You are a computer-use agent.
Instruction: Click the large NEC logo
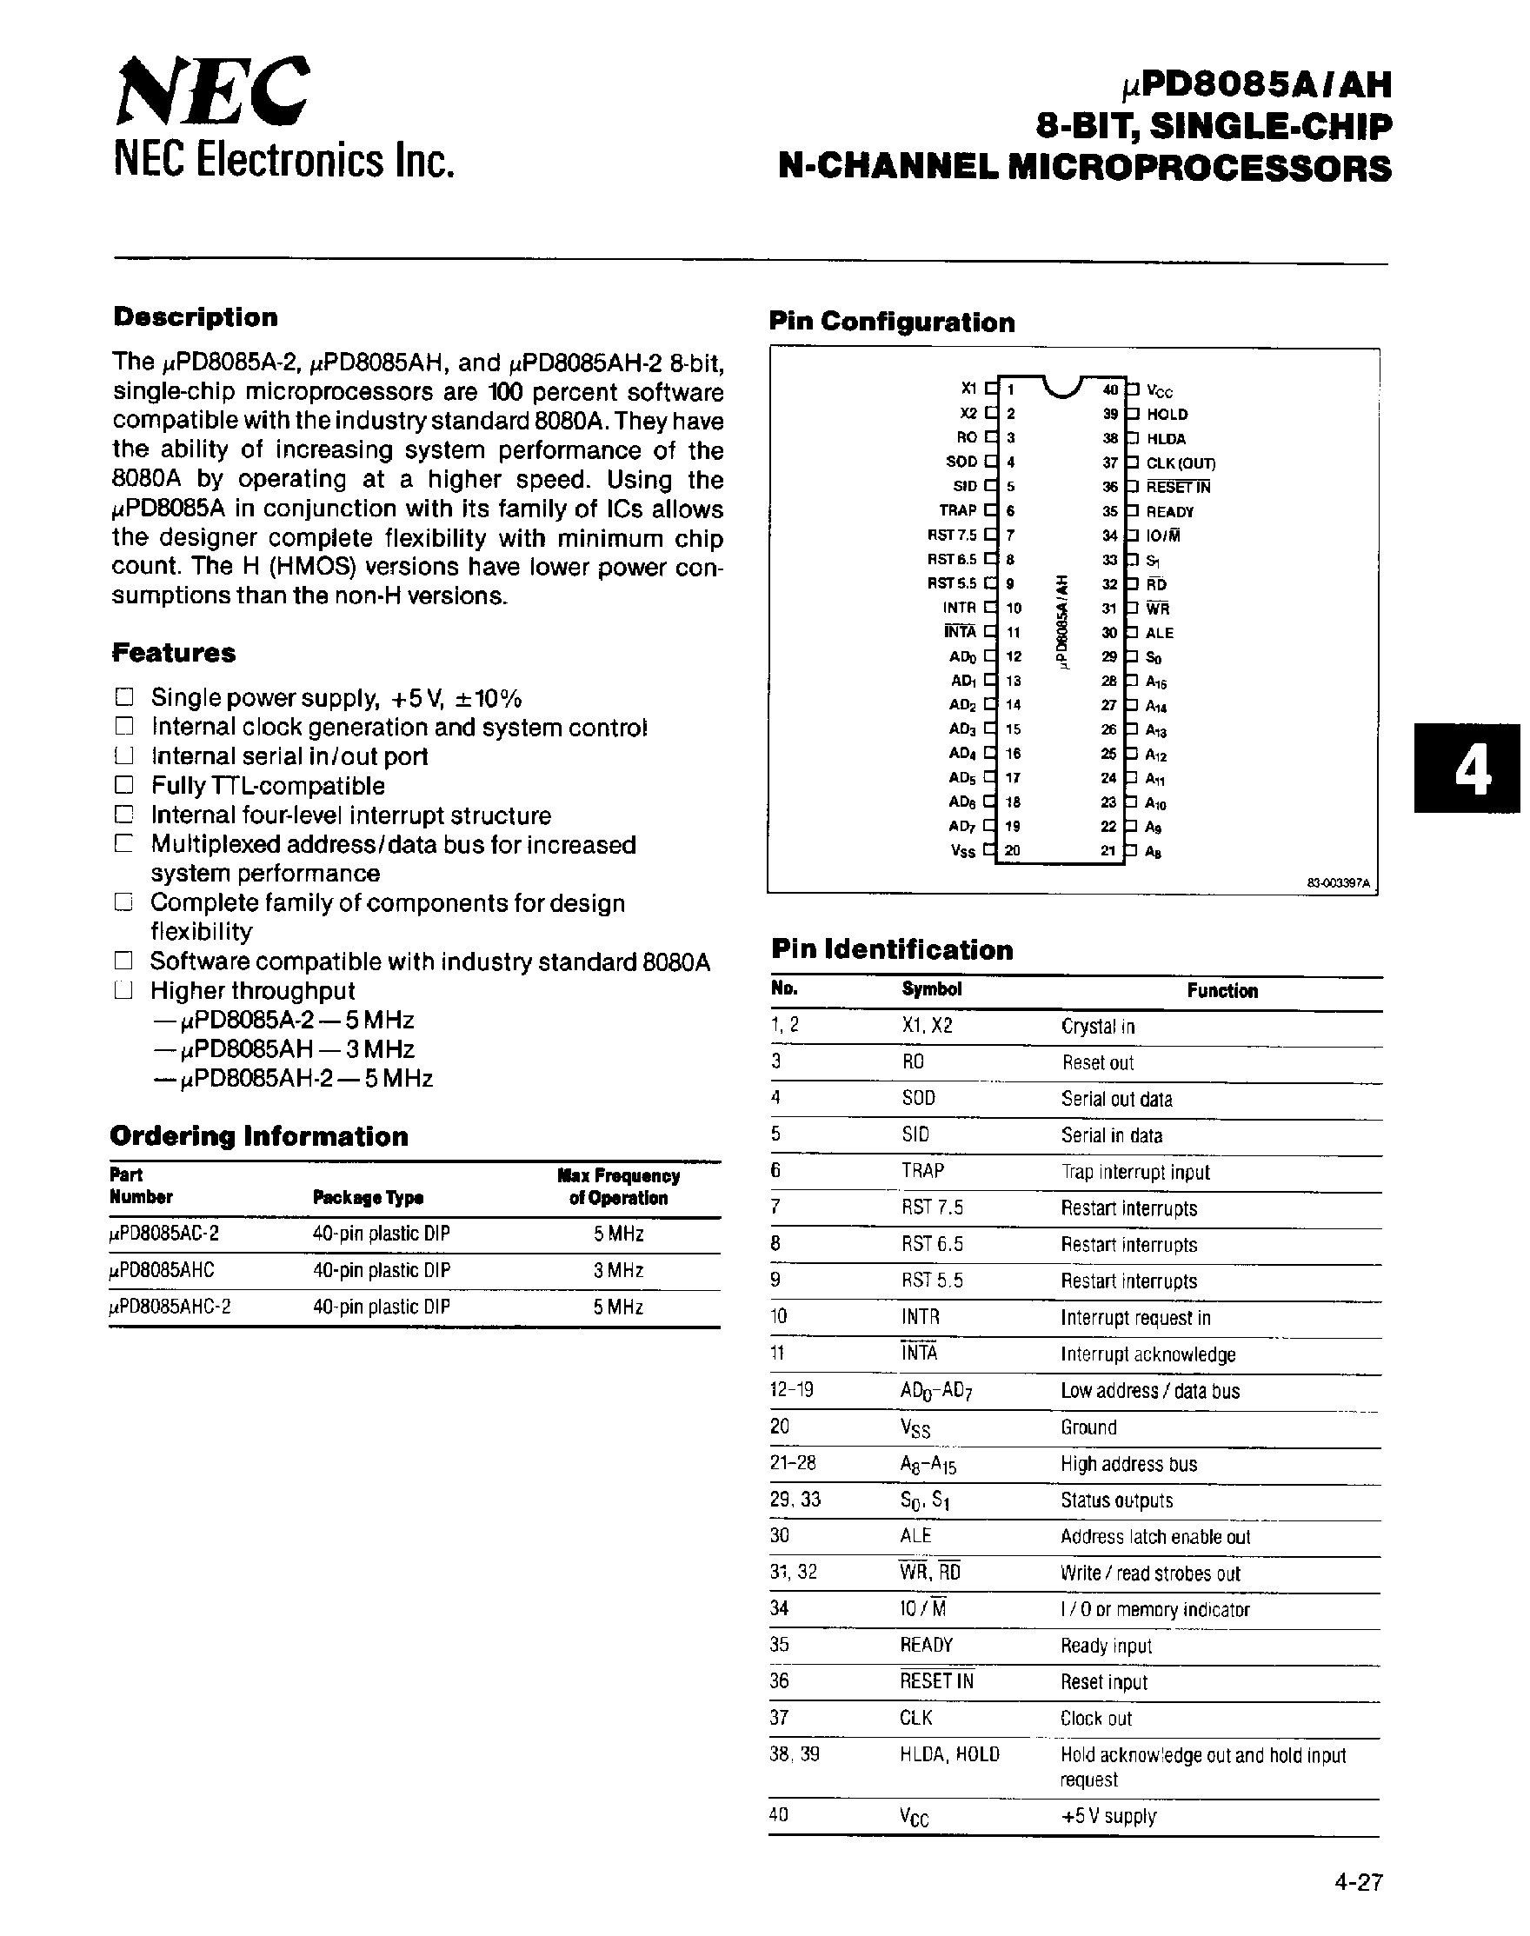213,92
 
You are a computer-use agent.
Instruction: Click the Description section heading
196,317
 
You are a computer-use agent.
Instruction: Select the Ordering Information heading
258,1136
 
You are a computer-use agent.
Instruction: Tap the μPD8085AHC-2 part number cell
170,1307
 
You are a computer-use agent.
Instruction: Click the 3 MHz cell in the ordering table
618,1270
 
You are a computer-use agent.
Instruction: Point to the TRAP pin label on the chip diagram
958,510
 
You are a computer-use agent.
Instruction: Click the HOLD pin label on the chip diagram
1167,414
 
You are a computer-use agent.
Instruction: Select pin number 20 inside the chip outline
1012,851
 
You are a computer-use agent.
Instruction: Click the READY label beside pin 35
1170,511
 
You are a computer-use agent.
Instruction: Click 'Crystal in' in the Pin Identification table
1097,1027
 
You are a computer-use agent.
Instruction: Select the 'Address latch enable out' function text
1155,1537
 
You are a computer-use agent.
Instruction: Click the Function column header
1222,990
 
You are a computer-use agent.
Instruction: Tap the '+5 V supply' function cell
1109,1817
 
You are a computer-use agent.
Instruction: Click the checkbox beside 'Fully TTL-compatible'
123,786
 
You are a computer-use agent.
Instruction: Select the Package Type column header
369,1198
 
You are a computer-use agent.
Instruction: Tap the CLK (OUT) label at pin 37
1181,463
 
